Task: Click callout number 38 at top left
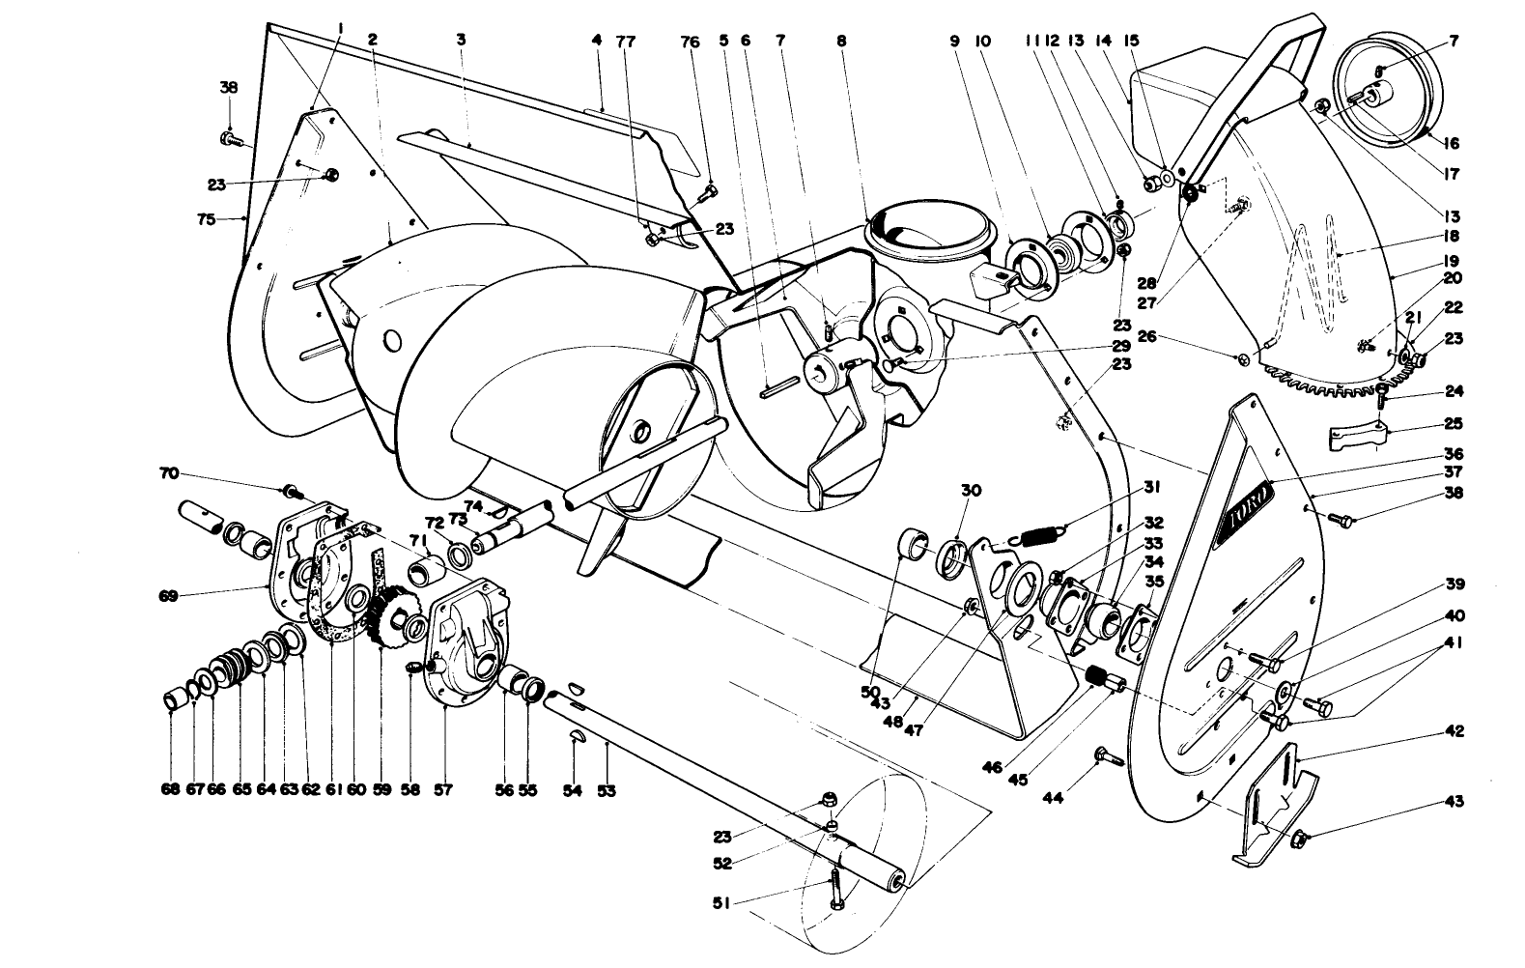[x=229, y=87]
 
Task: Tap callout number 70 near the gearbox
[x=170, y=473]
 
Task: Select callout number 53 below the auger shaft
[x=606, y=790]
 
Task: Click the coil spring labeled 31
[x=1038, y=533]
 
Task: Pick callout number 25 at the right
[x=1454, y=423]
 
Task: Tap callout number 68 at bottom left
[x=171, y=789]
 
